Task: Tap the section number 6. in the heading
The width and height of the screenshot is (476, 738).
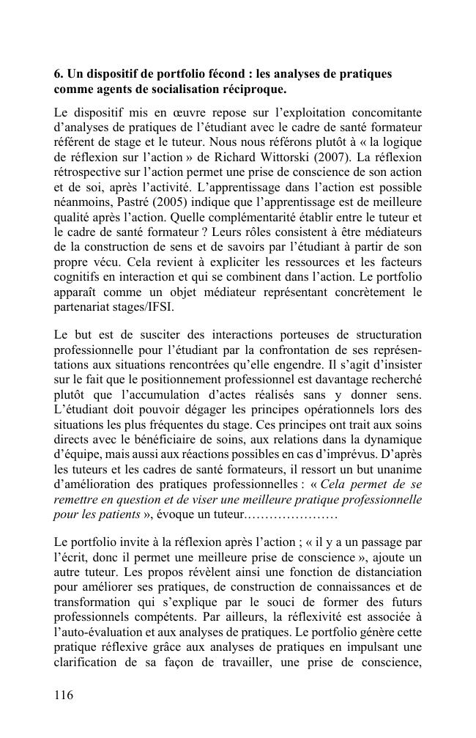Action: click(59, 75)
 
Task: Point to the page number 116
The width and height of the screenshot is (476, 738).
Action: click(64, 695)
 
